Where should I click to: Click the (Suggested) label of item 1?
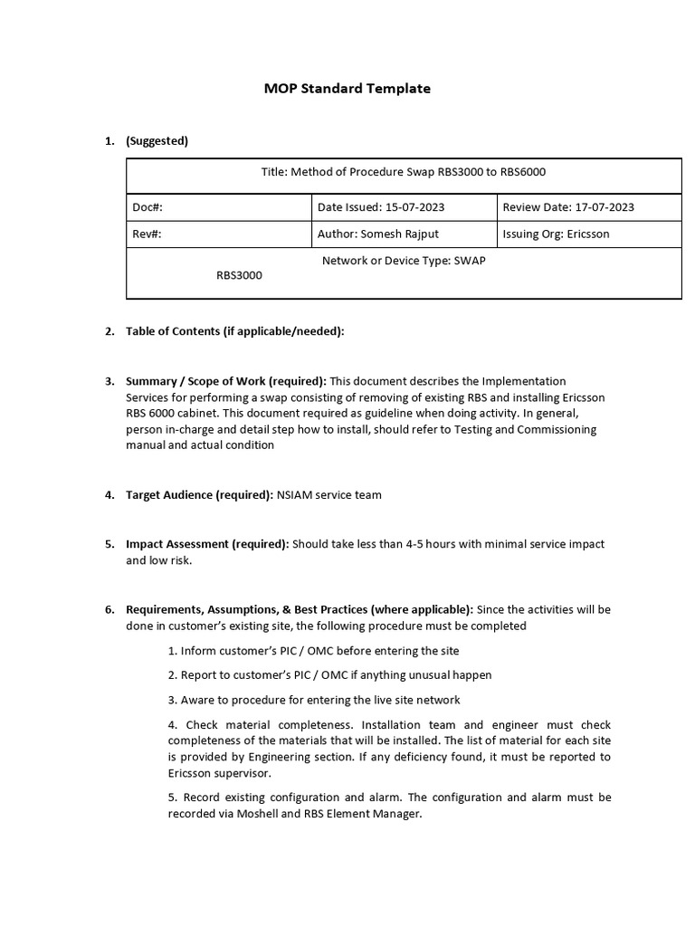coord(157,140)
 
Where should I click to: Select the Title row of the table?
coord(404,172)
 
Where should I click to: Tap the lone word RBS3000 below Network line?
coord(239,275)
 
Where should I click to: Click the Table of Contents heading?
coord(235,331)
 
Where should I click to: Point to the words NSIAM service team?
coord(329,494)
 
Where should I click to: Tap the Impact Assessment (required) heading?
coord(207,544)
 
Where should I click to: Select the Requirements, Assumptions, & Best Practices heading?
coord(299,609)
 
